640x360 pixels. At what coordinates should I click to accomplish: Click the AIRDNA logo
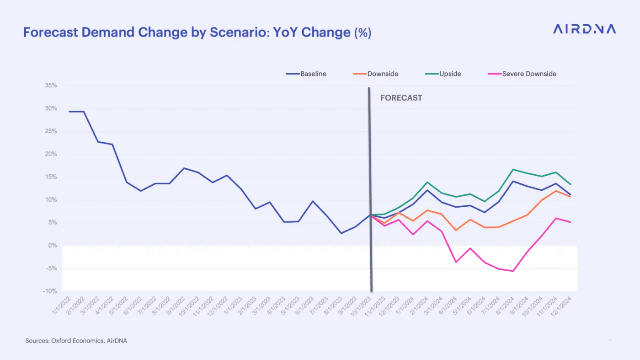(584, 29)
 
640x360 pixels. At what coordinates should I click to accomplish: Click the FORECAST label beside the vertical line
(401, 98)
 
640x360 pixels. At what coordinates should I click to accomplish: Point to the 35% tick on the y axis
(51, 86)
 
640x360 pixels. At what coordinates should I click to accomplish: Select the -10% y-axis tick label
(50, 291)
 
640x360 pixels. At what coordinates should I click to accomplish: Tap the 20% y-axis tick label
(51, 154)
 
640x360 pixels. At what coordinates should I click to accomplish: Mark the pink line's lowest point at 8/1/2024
(513, 271)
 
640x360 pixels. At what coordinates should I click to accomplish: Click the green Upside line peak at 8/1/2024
(513, 169)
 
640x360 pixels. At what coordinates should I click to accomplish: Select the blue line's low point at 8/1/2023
(341, 233)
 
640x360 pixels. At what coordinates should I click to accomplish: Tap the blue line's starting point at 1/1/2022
(69, 111)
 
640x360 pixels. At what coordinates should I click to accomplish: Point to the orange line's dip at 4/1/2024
(456, 230)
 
